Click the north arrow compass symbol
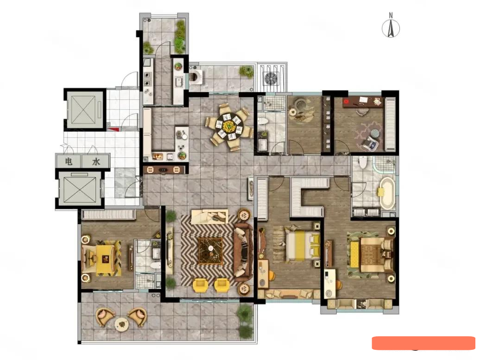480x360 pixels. (391, 28)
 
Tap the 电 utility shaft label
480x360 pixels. (69, 161)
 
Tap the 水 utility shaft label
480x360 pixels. (96, 161)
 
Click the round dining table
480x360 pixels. (228, 126)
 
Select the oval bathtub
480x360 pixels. (387, 193)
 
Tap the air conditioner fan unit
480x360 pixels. (271, 78)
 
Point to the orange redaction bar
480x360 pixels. (423, 343)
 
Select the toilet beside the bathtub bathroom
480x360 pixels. (363, 162)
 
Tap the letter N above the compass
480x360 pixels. (391, 15)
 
